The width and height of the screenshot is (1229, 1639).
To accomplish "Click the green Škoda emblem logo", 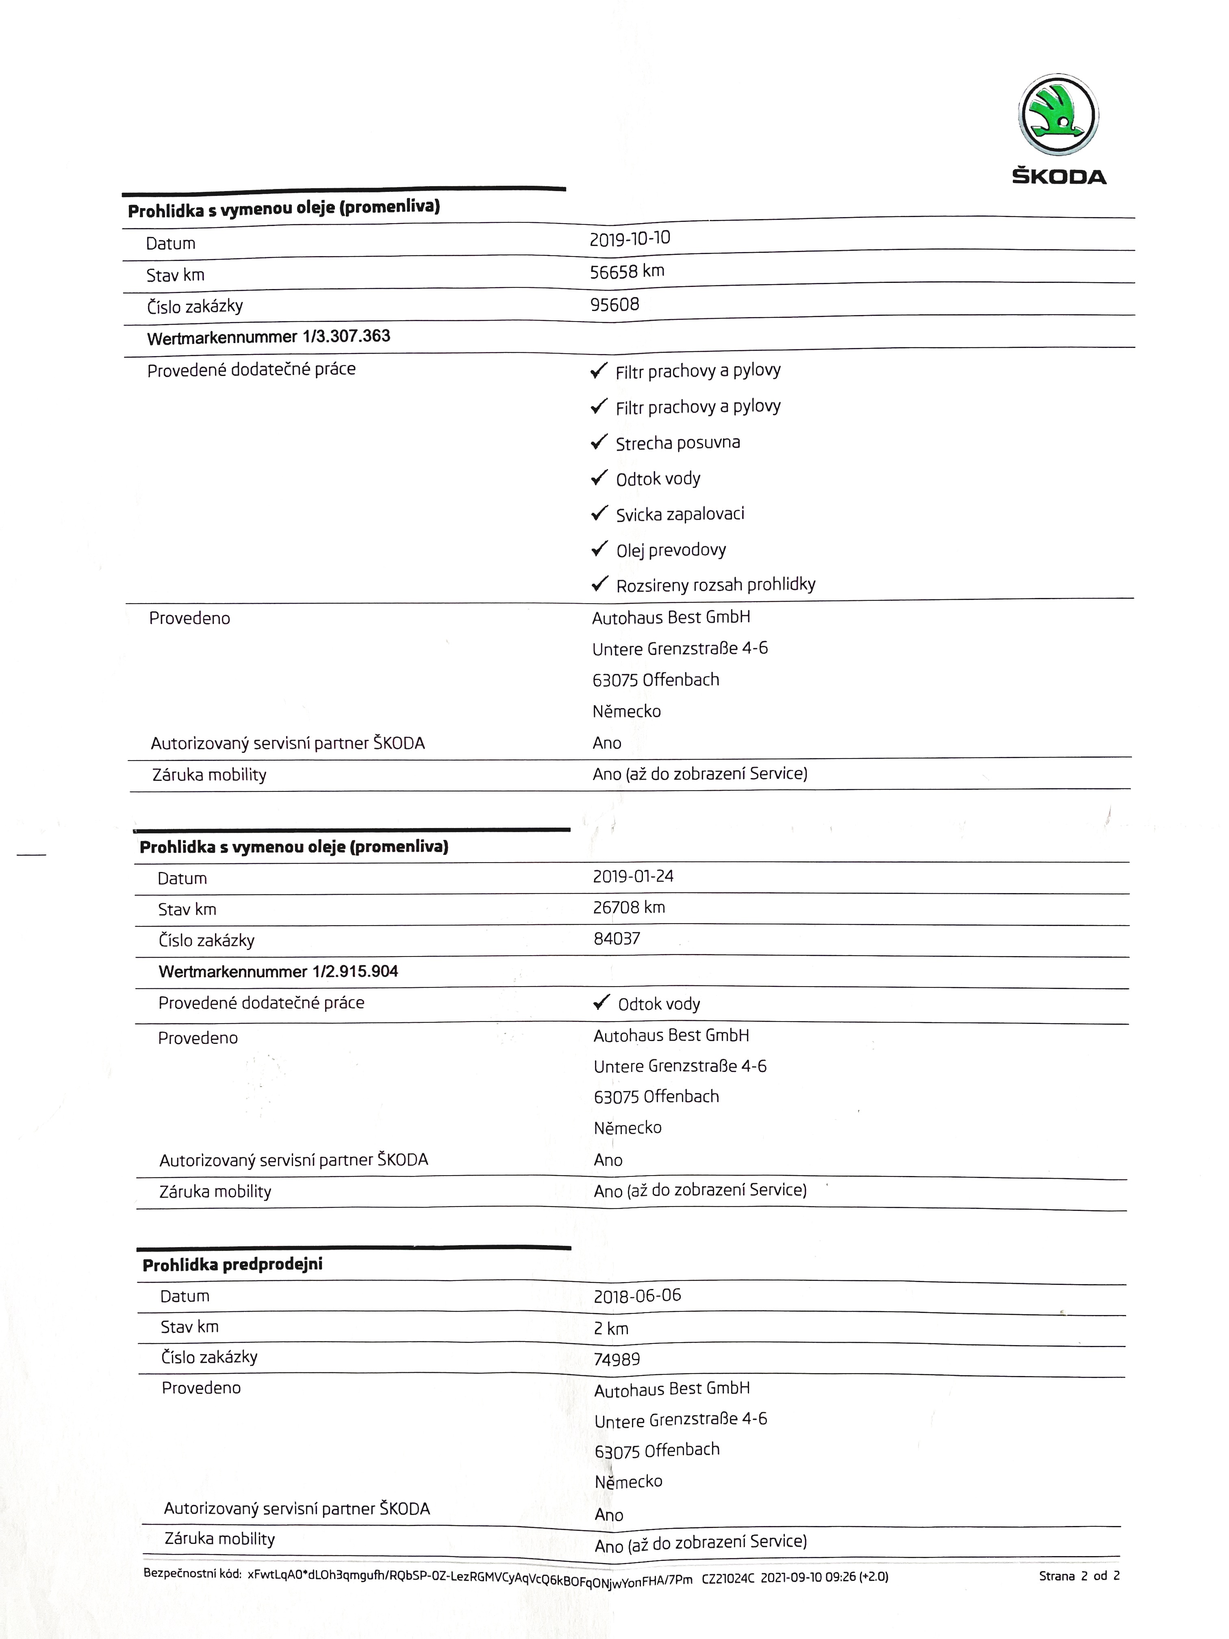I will [1058, 115].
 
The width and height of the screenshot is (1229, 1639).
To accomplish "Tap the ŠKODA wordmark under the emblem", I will [1059, 176].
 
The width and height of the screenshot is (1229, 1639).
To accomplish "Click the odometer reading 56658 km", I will [627, 271].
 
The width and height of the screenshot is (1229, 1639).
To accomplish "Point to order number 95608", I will [614, 304].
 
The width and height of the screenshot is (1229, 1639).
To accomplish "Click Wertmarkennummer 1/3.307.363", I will [268, 337].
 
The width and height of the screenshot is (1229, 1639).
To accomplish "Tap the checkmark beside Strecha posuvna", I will [599, 442].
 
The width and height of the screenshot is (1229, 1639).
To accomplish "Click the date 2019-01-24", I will [633, 876].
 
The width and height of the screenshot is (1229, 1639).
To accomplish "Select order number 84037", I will [617, 939].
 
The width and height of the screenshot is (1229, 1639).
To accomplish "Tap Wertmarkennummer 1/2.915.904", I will [278, 972].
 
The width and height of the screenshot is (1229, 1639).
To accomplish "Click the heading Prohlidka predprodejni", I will [232, 1265].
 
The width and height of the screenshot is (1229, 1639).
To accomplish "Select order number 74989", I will [617, 1359].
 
